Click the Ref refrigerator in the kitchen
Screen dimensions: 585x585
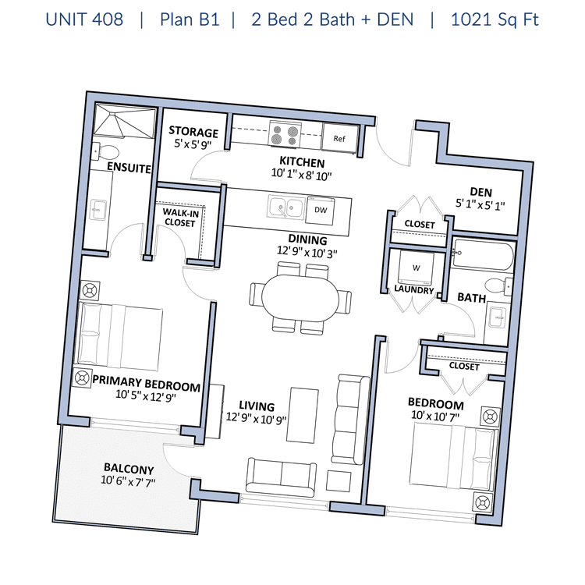click(x=340, y=137)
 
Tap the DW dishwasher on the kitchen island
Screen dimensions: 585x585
click(x=320, y=211)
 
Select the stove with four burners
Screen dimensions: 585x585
click(x=285, y=134)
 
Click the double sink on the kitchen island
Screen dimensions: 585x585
click(x=286, y=207)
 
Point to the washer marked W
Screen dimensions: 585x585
click(x=416, y=268)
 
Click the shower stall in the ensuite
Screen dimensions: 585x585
click(x=124, y=121)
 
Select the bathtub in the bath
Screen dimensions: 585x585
click(x=482, y=254)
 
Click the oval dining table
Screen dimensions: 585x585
click(x=300, y=298)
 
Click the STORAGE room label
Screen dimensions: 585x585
click(x=193, y=132)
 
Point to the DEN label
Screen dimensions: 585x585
click(x=480, y=192)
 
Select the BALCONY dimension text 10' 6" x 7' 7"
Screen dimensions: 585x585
click(x=128, y=481)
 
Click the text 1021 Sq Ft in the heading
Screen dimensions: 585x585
click(x=495, y=19)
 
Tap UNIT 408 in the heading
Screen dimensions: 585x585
click(x=84, y=19)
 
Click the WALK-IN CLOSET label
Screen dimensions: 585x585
click(x=180, y=218)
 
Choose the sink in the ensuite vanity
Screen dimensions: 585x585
click(x=98, y=210)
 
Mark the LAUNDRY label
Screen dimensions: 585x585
click(x=413, y=289)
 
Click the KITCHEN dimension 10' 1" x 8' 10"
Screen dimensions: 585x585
click(x=301, y=175)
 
